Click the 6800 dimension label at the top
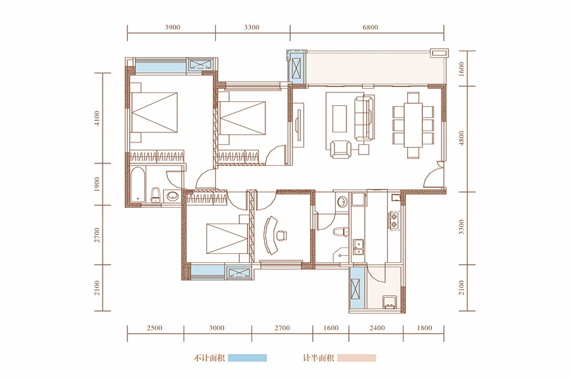[x=370, y=27]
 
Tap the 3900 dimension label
[x=172, y=27]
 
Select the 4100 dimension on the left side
[x=97, y=118]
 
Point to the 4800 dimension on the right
[x=462, y=138]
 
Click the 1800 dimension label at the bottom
[x=424, y=328]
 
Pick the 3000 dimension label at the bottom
[x=217, y=328]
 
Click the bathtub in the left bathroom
[x=138, y=185]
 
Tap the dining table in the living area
[x=413, y=125]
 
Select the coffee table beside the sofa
[x=339, y=119]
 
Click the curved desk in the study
[x=270, y=235]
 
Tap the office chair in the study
[x=281, y=235]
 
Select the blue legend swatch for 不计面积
[x=247, y=358]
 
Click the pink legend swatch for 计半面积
[x=357, y=358]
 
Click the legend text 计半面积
[x=319, y=358]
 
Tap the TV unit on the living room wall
[x=298, y=125]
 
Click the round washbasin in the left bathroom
[x=172, y=196]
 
